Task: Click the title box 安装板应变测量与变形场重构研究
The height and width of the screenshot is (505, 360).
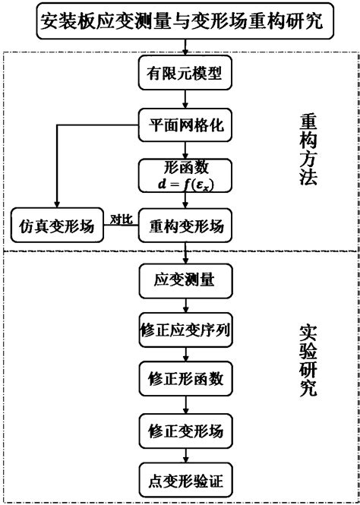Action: click(x=180, y=20)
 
